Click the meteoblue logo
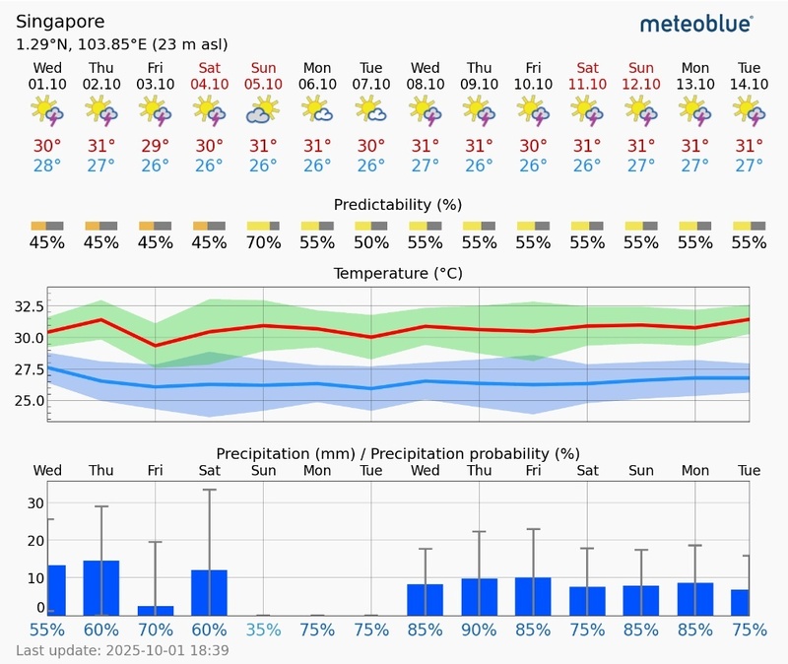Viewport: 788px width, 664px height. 696,23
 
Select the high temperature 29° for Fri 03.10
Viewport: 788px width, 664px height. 155,146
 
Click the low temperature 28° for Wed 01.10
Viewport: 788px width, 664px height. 47,165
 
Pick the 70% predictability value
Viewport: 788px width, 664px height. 263,242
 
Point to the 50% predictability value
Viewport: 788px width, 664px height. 371,242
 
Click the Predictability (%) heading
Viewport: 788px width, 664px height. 398,205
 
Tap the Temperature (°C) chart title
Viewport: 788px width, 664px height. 398,273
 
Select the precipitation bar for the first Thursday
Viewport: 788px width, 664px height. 101,587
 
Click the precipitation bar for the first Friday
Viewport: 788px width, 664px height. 156,610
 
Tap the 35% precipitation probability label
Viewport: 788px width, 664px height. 263,630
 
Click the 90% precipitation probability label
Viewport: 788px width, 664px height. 480,630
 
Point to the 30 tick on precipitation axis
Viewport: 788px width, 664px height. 35,502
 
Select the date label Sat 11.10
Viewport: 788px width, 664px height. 588,76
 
